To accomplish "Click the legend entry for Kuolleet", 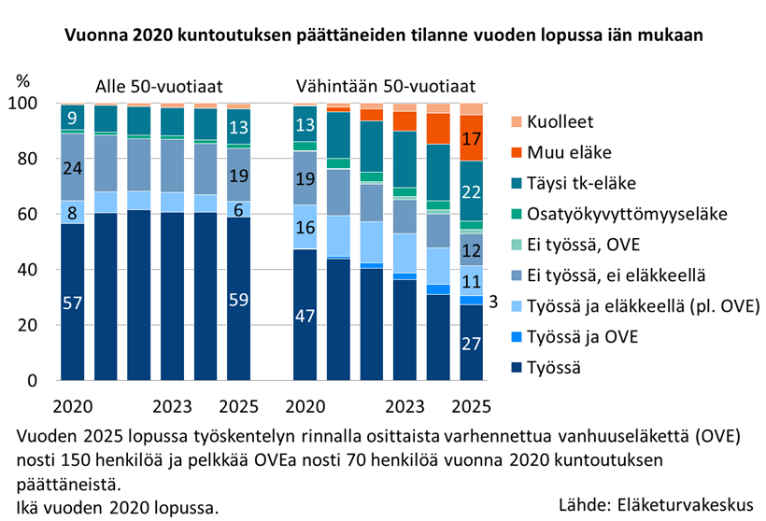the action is pyautogui.click(x=552, y=121).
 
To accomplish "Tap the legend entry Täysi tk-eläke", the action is pyautogui.click(x=574, y=183).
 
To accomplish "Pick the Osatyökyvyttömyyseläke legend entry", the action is pyautogui.click(x=619, y=214).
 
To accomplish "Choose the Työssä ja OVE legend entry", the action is pyautogui.click(x=574, y=337).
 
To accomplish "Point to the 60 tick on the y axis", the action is pyautogui.click(x=27, y=214).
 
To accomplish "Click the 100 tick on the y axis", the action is pyautogui.click(x=23, y=103).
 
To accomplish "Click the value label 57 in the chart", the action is pyautogui.click(x=72, y=303).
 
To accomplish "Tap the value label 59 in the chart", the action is pyautogui.click(x=238, y=300).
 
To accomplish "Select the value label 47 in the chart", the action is pyautogui.click(x=305, y=317).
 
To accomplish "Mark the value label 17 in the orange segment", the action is pyautogui.click(x=471, y=139).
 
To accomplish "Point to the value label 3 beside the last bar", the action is pyautogui.click(x=493, y=302).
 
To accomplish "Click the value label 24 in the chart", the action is pyautogui.click(x=72, y=168).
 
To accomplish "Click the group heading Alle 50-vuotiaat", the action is pyautogui.click(x=159, y=87).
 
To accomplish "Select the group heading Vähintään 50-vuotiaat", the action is pyautogui.click(x=386, y=87).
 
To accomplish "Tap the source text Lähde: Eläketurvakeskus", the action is pyautogui.click(x=656, y=504).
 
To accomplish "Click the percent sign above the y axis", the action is pyautogui.click(x=23, y=80).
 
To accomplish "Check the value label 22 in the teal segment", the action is pyautogui.click(x=471, y=192).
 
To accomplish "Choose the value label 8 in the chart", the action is pyautogui.click(x=72, y=214).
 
